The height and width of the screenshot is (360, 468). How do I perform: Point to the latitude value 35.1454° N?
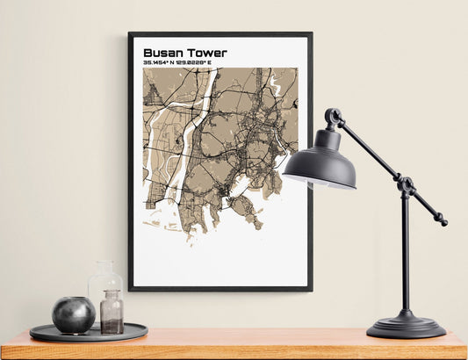coord(164,63)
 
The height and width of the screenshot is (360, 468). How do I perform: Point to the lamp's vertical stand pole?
coord(405,255)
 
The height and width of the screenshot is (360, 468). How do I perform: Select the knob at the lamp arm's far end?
coord(443,222)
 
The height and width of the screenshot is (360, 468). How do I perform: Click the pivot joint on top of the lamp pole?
coord(405,185)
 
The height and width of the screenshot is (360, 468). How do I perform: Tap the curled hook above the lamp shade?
coord(333,117)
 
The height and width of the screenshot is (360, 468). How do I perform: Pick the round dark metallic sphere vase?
coord(73,314)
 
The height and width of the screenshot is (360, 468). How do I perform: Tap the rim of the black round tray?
coord(88,338)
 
